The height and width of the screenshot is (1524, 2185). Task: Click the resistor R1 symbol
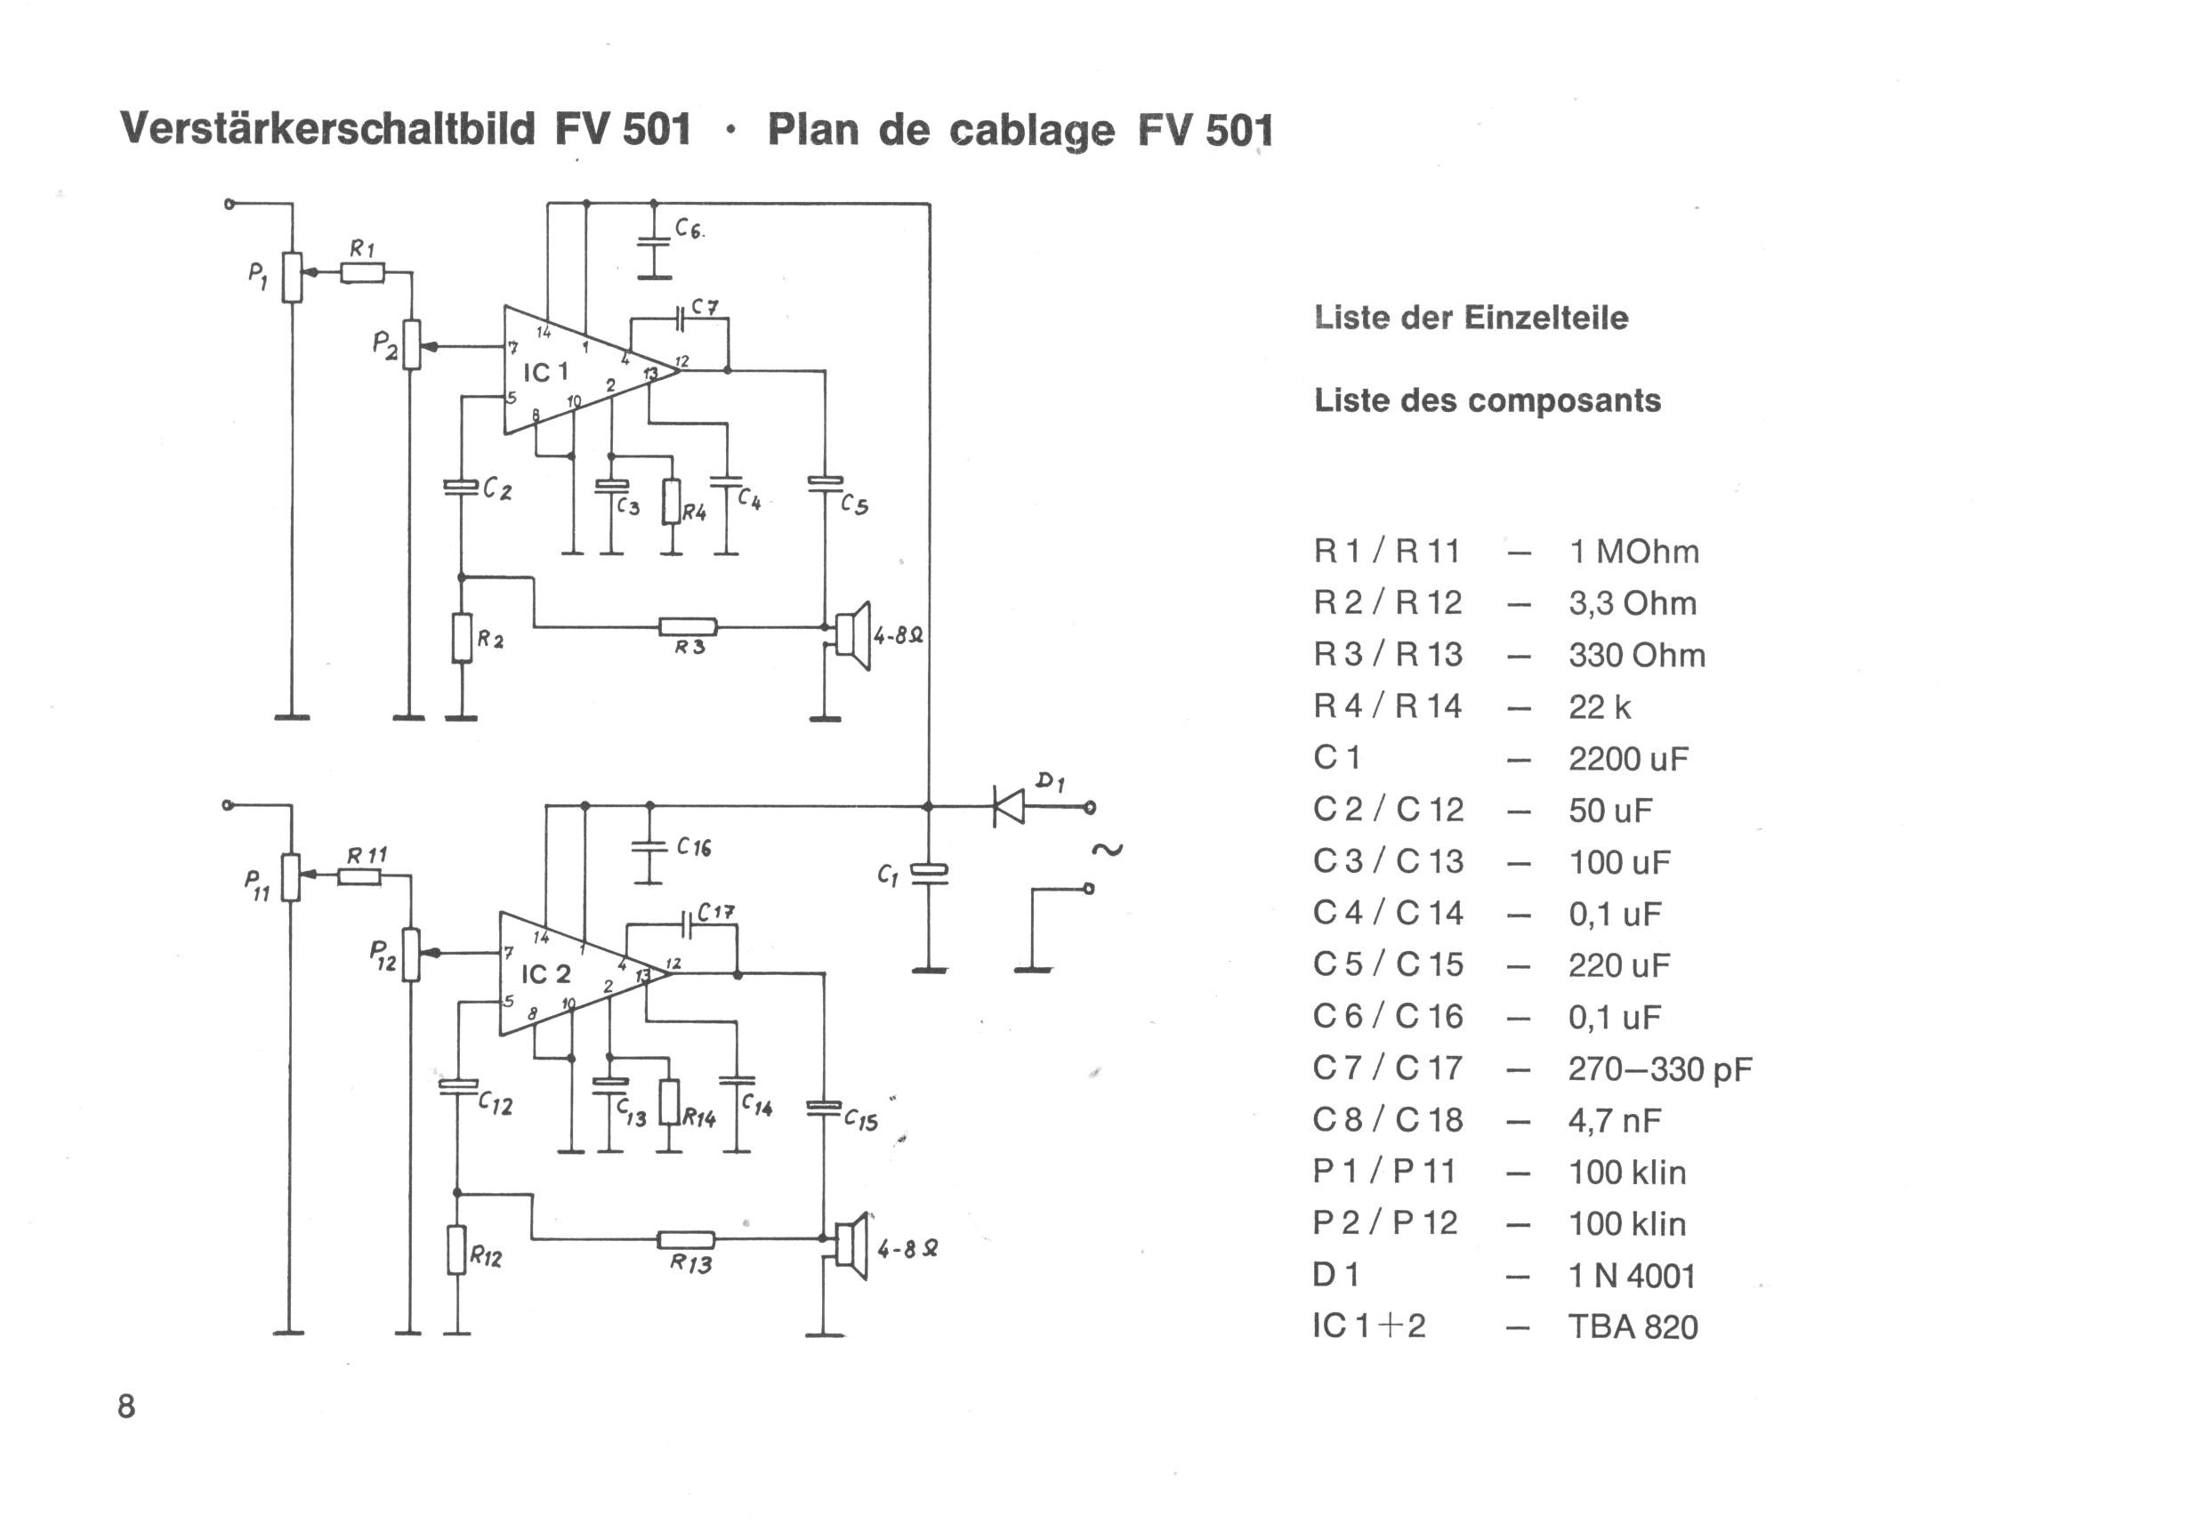click(x=363, y=273)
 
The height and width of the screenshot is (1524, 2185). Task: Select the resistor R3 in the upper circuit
click(x=688, y=626)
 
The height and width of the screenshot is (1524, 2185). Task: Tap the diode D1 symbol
click(x=1009, y=806)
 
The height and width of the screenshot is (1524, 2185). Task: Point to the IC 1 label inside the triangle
click(x=545, y=372)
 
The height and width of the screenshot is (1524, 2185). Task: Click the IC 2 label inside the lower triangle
click(x=545, y=974)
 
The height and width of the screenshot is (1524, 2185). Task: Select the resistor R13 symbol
click(x=686, y=1239)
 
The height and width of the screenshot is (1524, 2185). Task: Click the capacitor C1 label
click(x=887, y=875)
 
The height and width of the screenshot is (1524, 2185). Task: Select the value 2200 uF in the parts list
click(x=1628, y=759)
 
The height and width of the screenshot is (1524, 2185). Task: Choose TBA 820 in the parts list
click(x=1633, y=1326)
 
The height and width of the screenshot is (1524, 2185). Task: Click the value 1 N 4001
click(x=1633, y=1275)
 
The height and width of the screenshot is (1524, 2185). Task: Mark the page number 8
click(x=126, y=1406)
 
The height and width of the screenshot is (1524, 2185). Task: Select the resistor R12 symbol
click(x=456, y=1250)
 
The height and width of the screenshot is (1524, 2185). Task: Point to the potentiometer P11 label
click(x=257, y=883)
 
